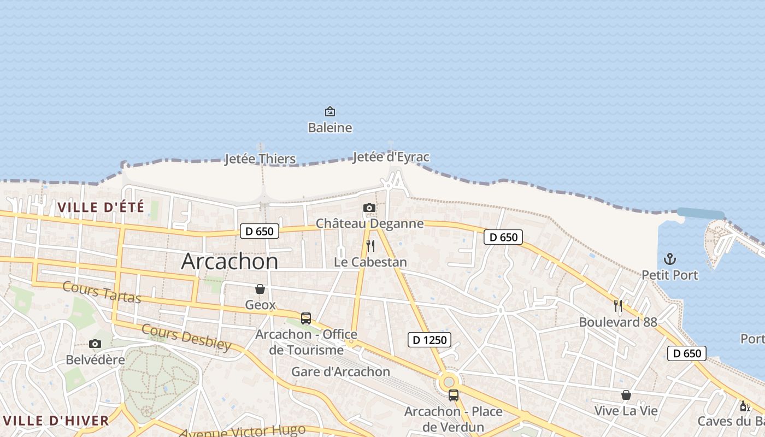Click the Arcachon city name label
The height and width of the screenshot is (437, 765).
pyautogui.click(x=229, y=262)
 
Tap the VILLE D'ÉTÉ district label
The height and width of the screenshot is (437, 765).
pyautogui.click(x=101, y=208)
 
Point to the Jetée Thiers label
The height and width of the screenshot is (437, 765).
pyautogui.click(x=260, y=159)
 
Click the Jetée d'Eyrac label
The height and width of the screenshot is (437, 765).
pyautogui.click(x=391, y=157)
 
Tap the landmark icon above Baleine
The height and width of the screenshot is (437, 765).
pyautogui.click(x=330, y=112)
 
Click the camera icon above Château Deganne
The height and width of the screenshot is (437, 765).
pyautogui.click(x=369, y=208)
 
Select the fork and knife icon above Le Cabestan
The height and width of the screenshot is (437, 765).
pyautogui.click(x=370, y=245)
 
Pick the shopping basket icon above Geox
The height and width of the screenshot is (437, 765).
pyautogui.click(x=260, y=289)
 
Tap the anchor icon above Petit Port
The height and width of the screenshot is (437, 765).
pyautogui.click(x=670, y=259)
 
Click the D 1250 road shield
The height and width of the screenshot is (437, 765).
pyautogui.click(x=429, y=340)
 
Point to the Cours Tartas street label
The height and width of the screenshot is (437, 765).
pyautogui.click(x=102, y=292)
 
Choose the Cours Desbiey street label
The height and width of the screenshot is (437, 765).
pyautogui.click(x=186, y=337)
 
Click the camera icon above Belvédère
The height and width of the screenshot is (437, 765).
pyautogui.click(x=95, y=344)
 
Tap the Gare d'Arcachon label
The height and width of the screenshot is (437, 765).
pyautogui.click(x=340, y=372)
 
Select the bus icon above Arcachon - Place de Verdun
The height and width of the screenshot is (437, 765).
pyautogui.click(x=454, y=395)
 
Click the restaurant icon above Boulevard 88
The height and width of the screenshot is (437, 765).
pyautogui.click(x=618, y=306)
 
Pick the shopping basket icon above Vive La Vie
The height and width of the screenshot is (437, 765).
pyautogui.click(x=626, y=395)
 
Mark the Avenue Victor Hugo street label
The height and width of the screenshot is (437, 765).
pyautogui.click(x=242, y=432)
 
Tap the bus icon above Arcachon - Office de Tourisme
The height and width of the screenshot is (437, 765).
pyautogui.click(x=306, y=318)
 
